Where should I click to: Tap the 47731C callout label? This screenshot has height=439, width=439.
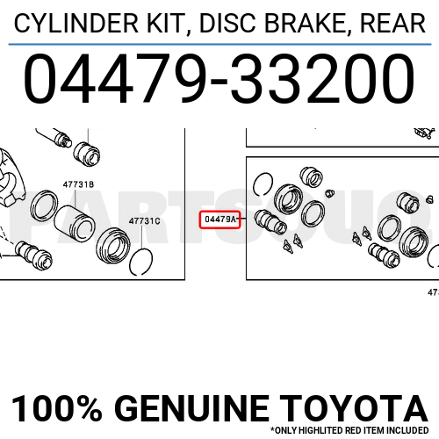click(144, 221)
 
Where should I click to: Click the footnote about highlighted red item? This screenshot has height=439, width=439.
click(351, 430)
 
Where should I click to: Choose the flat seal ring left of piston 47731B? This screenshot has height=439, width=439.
click(43, 207)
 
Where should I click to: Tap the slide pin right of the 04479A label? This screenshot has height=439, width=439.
click(270, 221)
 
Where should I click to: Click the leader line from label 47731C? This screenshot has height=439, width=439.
click(143, 236)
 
